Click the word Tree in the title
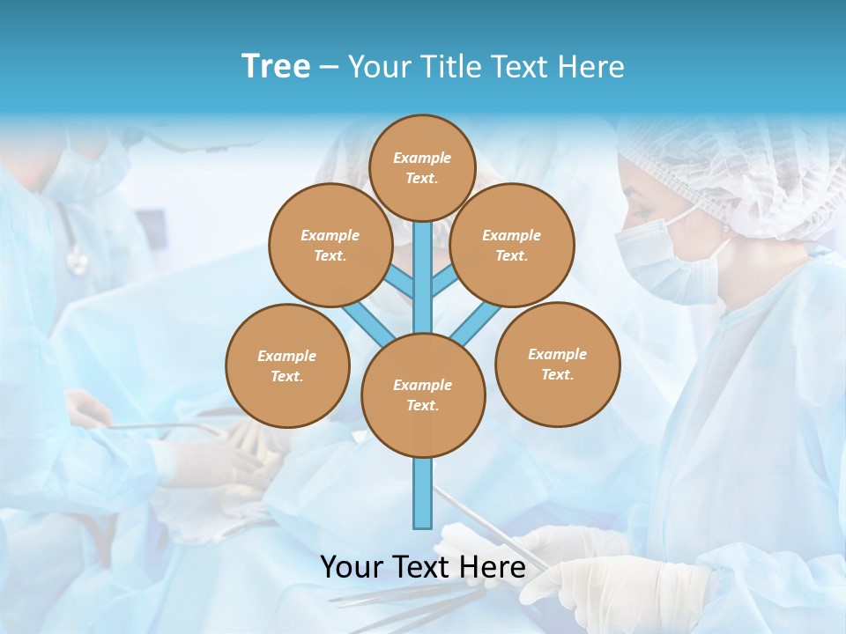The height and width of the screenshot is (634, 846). [276, 66]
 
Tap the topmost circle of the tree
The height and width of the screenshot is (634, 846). [423, 167]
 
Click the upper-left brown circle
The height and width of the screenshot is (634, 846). [330, 245]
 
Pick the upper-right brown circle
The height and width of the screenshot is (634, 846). [512, 245]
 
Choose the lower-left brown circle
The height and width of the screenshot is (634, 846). [287, 365]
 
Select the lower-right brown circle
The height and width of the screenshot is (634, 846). [558, 364]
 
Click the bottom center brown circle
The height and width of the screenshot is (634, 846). [423, 395]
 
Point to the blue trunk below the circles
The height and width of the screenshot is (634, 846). [423, 493]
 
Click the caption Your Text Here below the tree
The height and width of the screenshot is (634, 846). [423, 567]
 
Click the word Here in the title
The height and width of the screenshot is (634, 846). [591, 66]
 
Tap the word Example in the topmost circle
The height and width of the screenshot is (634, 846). [422, 158]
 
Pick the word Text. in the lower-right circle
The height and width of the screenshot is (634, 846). [557, 374]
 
